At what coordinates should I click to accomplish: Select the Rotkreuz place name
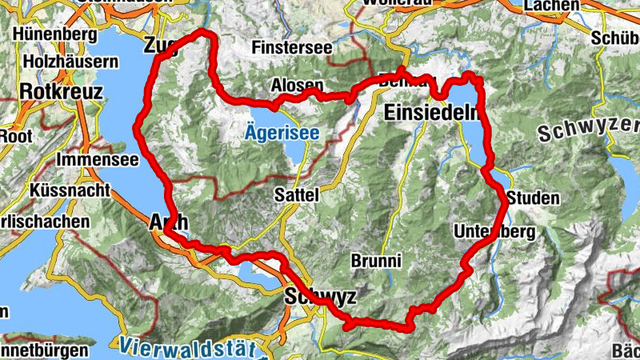[62, 92]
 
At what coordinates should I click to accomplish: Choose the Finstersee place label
[291, 48]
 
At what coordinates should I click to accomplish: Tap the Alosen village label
[297, 85]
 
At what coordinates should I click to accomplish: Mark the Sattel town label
[296, 194]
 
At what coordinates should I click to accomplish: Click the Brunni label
[375, 261]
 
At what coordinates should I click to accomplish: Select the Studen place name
[534, 198]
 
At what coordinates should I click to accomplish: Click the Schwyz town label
[320, 297]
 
